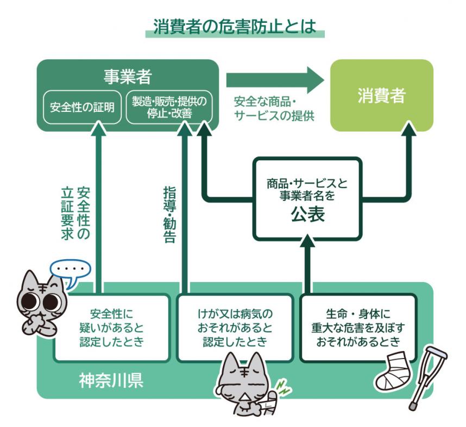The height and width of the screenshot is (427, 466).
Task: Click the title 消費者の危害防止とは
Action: coord(234,26)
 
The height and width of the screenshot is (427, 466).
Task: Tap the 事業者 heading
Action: coord(127,76)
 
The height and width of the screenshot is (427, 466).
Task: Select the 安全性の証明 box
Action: coord(82,106)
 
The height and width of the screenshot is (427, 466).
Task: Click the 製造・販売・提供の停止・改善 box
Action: coord(169,106)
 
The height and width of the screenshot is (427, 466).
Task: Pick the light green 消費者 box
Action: coord(382,96)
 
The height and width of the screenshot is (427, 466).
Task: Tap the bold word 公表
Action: coord(307,215)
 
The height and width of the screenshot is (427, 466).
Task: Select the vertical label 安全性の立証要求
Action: coord(76,214)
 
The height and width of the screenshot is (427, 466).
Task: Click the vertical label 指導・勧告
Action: coord(170,214)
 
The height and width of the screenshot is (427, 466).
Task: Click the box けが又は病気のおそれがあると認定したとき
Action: coord(234,328)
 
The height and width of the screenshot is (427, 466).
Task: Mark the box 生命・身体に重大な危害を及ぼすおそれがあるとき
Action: coord(358,328)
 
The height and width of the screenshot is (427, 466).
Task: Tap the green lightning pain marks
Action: coord(282,386)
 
